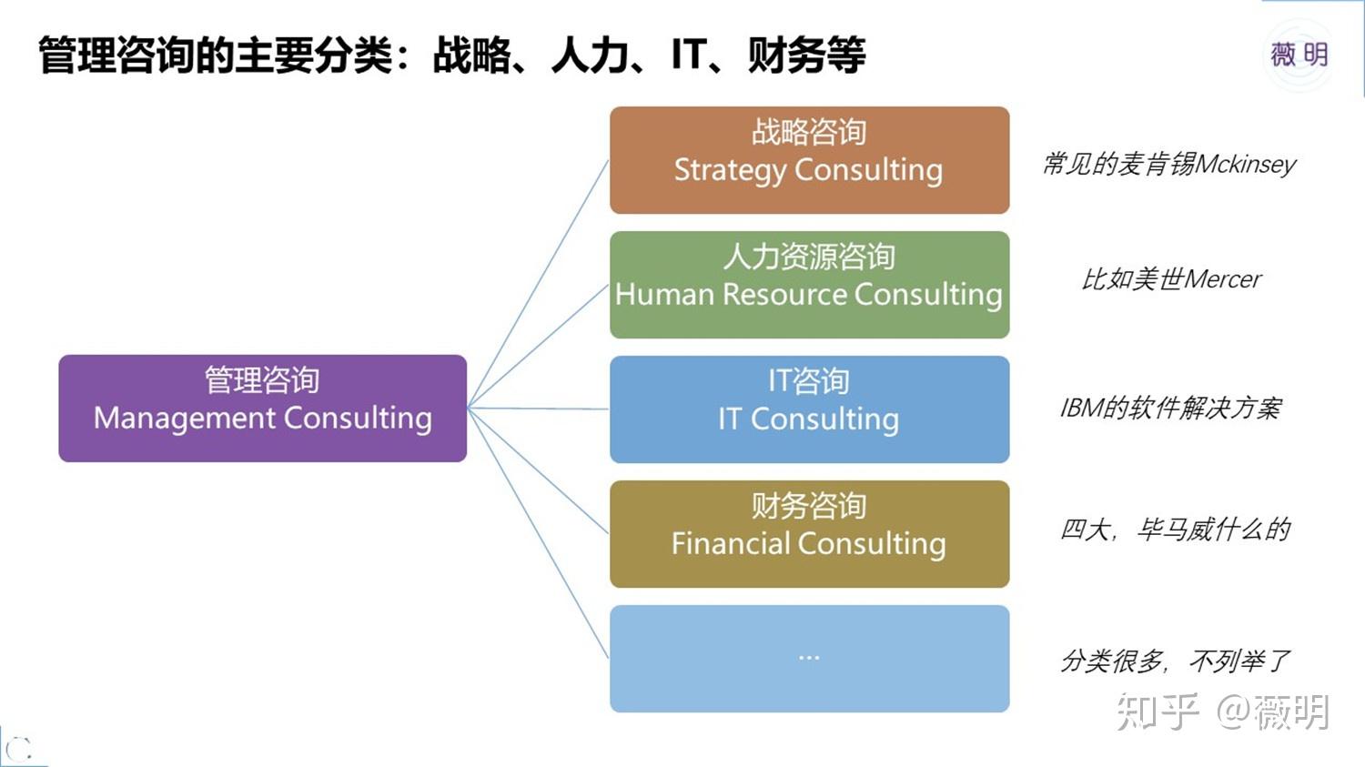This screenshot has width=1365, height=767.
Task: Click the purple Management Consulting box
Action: tap(262, 408)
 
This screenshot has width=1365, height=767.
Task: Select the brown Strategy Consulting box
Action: tap(809, 160)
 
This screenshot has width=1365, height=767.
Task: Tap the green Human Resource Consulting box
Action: tap(809, 284)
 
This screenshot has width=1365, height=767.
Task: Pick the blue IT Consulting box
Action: tap(809, 409)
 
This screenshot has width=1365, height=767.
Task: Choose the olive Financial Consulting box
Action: tap(809, 533)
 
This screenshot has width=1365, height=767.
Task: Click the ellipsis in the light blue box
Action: tap(809, 657)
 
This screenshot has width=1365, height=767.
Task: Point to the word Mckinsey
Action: tap(1246, 165)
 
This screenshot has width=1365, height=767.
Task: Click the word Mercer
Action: tap(1223, 279)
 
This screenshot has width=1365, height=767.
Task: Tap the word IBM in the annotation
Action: tap(1081, 409)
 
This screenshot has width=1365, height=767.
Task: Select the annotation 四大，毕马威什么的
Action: tap(1175, 530)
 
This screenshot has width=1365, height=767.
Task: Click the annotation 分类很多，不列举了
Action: tap(1175, 661)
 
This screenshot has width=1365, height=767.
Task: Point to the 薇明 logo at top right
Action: tap(1299, 56)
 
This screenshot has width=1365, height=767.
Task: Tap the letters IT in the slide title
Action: tap(689, 56)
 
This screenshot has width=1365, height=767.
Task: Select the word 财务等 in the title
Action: tap(806, 56)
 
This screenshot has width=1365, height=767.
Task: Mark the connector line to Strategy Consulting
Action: tap(539, 282)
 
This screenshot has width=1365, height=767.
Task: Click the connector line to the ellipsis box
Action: tap(539, 533)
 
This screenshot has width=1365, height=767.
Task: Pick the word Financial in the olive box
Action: tap(731, 544)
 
